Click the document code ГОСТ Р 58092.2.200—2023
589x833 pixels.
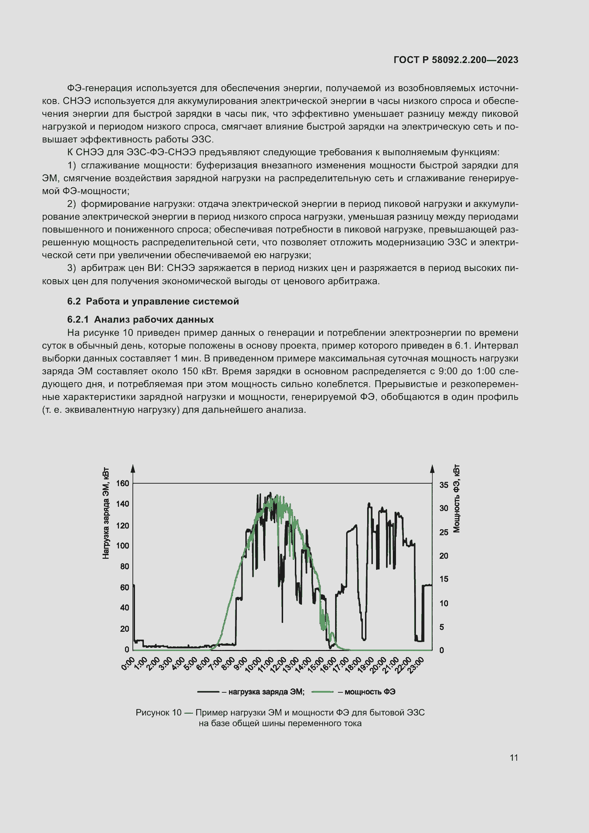tap(455, 60)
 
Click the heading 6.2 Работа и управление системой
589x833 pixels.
tap(153, 301)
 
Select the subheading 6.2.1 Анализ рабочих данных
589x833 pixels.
tap(140, 319)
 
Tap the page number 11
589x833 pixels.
tap(514, 757)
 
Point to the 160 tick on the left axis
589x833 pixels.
tap(123, 483)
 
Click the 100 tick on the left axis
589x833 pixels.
tap(123, 545)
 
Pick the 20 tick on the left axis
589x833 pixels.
tap(124, 629)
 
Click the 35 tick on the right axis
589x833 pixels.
tap(444, 485)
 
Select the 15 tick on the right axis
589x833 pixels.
tap(444, 579)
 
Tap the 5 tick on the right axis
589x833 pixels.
tap(441, 626)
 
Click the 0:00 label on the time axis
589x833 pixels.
tap(128, 663)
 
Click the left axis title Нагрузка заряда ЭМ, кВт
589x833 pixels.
tap(105, 514)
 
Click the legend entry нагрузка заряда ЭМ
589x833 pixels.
tap(266, 692)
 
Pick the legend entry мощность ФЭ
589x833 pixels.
tap(370, 692)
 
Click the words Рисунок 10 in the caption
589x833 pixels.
tap(158, 712)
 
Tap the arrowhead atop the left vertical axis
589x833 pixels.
tap(133, 468)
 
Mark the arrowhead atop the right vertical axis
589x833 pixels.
tap(432, 468)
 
